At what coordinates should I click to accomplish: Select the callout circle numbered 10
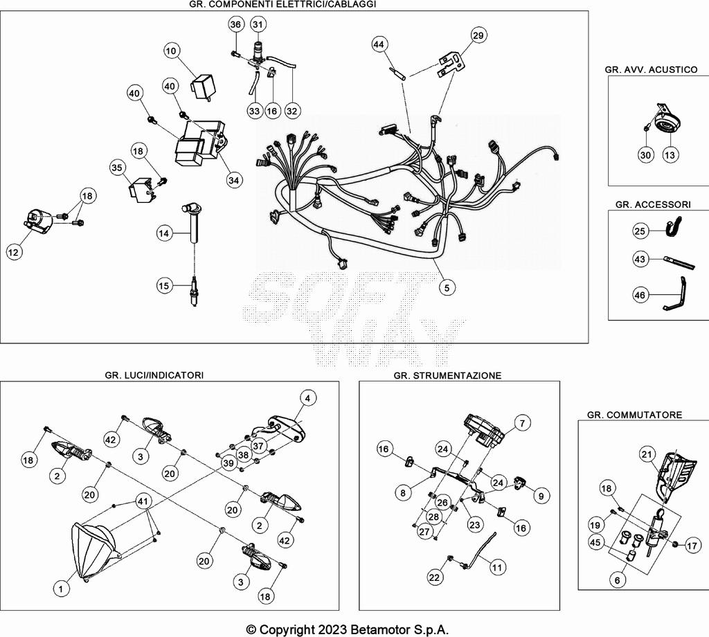click(172, 51)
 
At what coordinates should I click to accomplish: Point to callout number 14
click(163, 234)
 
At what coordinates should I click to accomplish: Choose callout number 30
click(645, 155)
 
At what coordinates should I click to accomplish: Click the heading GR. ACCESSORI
click(652, 204)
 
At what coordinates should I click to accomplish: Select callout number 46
click(640, 295)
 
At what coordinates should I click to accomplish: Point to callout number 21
click(647, 454)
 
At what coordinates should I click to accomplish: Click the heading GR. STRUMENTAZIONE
click(447, 375)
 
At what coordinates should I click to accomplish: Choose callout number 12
click(13, 253)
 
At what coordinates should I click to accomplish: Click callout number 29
click(478, 35)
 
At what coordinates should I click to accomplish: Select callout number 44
click(378, 45)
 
